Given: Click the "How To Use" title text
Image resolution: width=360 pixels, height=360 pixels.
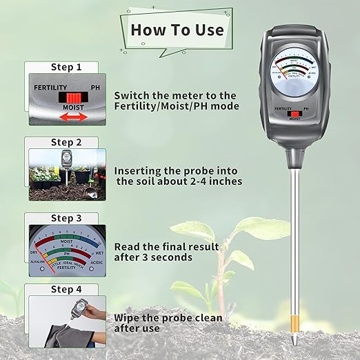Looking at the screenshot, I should [177, 29].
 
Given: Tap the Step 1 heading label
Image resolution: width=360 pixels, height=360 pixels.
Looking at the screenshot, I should [66, 67].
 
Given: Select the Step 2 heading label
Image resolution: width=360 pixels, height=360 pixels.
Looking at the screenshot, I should [66, 142].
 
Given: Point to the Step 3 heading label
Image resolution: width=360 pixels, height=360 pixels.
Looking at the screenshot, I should [66, 218].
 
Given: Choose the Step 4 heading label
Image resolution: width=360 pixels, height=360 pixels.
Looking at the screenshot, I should [66, 289].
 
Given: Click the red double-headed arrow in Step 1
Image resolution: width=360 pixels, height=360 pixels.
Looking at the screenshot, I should [72, 117].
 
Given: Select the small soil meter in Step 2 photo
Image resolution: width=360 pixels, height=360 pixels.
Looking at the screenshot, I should [67, 160].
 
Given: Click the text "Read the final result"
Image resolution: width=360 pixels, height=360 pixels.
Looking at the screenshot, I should [166, 246].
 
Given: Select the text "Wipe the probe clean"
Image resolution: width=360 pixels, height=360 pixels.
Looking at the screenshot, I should [168, 318].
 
